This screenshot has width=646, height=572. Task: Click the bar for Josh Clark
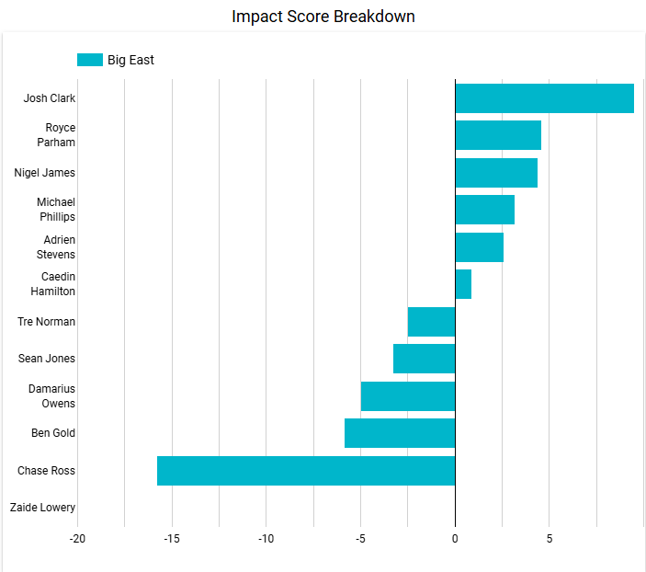[x=544, y=98]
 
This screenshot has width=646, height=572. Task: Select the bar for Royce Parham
[x=498, y=135]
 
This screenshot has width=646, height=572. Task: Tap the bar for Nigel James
[x=496, y=173]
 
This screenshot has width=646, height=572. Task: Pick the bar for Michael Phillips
[x=484, y=210]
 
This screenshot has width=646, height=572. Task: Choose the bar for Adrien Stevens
[x=479, y=247]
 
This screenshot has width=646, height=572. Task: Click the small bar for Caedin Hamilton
[x=463, y=284]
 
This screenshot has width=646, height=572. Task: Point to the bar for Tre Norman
[x=431, y=322]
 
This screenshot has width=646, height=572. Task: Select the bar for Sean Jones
[x=424, y=359]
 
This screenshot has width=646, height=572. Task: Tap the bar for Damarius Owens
[x=408, y=396]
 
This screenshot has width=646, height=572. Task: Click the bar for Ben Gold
[x=400, y=433]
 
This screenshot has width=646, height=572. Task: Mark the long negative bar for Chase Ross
[x=306, y=471]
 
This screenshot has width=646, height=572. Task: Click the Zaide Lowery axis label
[x=42, y=508]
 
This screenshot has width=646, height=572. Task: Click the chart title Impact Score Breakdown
[x=323, y=17]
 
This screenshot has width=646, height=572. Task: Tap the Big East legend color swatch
[x=89, y=60]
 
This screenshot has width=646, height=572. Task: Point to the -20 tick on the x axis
[x=77, y=538]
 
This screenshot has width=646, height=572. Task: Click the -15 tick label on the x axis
[x=172, y=538]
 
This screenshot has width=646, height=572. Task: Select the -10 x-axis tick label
[x=266, y=538]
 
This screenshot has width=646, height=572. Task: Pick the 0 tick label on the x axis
[x=455, y=538]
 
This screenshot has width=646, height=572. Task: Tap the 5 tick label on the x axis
[x=549, y=538]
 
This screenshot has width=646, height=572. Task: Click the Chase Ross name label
[x=46, y=471]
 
